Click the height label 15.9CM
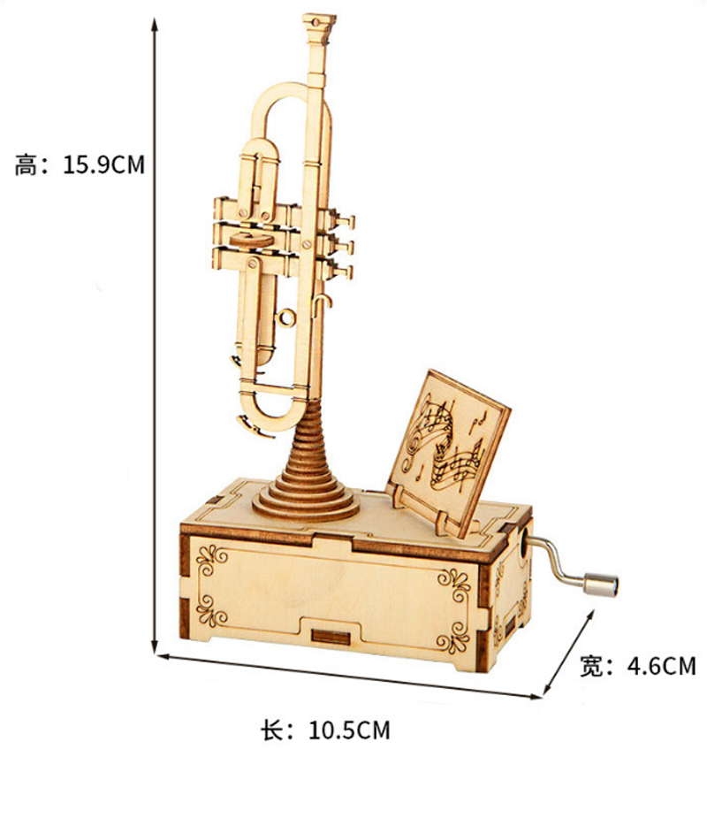pyautogui.click(x=103, y=164)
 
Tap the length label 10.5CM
pyautogui.click(x=349, y=730)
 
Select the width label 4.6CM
pyautogui.click(x=661, y=666)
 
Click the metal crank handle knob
pyautogui.click(x=600, y=584)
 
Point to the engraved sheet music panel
pyautogui.click(x=448, y=447)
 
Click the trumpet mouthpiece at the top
pyautogui.click(x=318, y=27)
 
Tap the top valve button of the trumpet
pyautogui.click(x=346, y=222)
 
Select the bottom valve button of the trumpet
pyautogui.click(x=344, y=271)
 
